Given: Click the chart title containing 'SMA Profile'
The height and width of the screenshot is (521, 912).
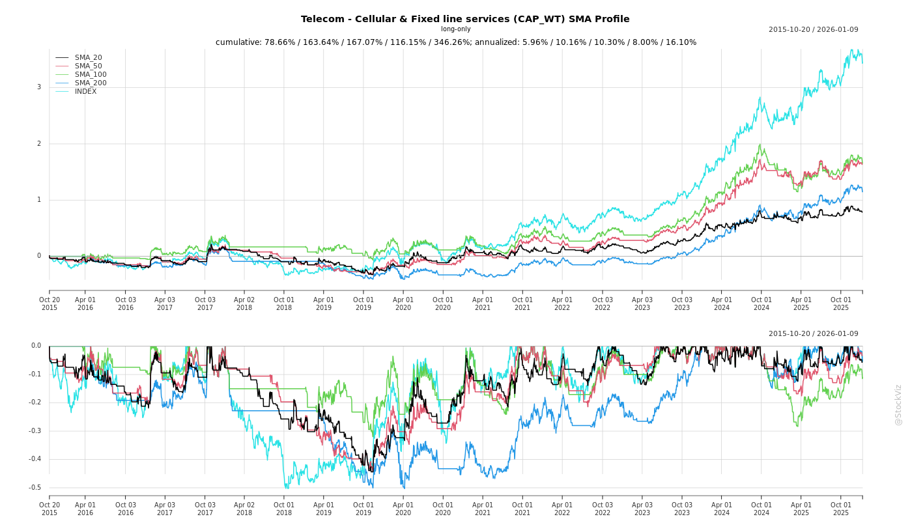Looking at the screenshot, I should click(464, 19).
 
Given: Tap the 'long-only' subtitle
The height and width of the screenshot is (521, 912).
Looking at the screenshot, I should click(455, 29).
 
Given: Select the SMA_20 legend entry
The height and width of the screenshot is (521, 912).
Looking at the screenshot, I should click(88, 58).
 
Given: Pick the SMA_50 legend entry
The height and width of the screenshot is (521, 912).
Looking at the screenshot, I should click(88, 66).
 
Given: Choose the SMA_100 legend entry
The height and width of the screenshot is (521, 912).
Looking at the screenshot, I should click(91, 75).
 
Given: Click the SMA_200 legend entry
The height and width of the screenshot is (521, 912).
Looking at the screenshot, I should click(91, 83).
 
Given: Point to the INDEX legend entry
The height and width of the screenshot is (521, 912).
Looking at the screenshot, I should click(85, 92).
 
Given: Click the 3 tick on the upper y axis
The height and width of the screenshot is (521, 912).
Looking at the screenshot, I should click(39, 87).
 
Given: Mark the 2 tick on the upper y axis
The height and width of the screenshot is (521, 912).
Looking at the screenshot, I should click(39, 144).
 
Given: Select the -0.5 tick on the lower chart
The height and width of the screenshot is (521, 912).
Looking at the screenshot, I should click(35, 488).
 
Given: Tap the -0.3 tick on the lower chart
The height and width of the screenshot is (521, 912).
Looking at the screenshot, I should click(35, 431).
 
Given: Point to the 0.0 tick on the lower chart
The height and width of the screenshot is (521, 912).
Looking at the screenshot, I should click(36, 346).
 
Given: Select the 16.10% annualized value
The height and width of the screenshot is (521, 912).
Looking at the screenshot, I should click(680, 42).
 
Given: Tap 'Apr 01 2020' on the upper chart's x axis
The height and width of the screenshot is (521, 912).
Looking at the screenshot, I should click(403, 303).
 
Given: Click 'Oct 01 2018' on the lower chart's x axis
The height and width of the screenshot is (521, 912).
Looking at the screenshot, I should click(284, 509).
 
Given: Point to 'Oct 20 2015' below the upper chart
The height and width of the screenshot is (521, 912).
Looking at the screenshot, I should click(50, 303).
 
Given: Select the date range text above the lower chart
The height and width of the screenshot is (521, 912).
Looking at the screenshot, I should click(813, 334).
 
